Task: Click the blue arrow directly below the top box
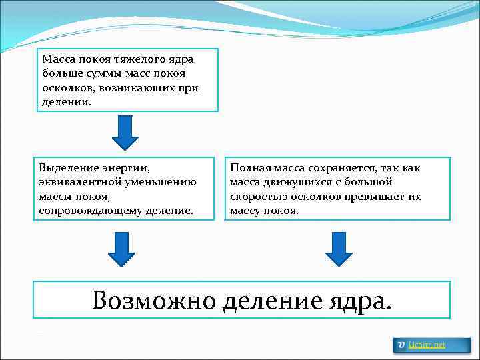pos(125,132)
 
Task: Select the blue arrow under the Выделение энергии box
pos(121,249)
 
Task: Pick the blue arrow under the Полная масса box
pos(339,249)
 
